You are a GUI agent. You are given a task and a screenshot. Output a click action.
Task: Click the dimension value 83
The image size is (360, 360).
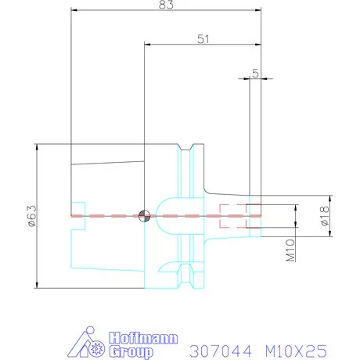[x=164, y=5]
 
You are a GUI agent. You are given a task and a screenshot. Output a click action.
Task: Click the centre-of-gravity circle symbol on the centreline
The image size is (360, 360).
[x=143, y=215]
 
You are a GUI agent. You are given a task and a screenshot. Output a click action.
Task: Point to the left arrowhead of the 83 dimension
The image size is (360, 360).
[x=75, y=9]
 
